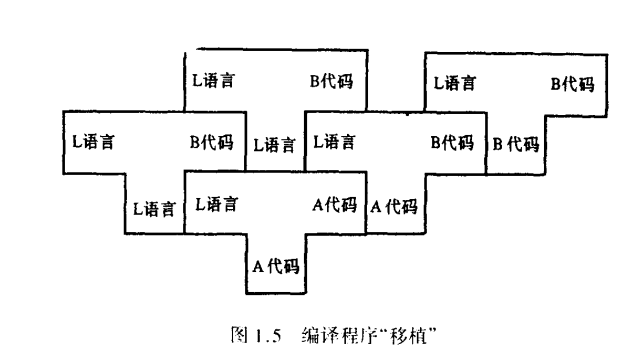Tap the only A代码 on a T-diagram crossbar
click(x=334, y=205)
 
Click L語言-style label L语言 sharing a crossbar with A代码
click(x=216, y=205)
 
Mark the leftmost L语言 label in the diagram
click(x=92, y=142)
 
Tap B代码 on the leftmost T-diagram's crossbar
click(x=210, y=142)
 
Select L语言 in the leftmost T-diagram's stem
click(x=155, y=209)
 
